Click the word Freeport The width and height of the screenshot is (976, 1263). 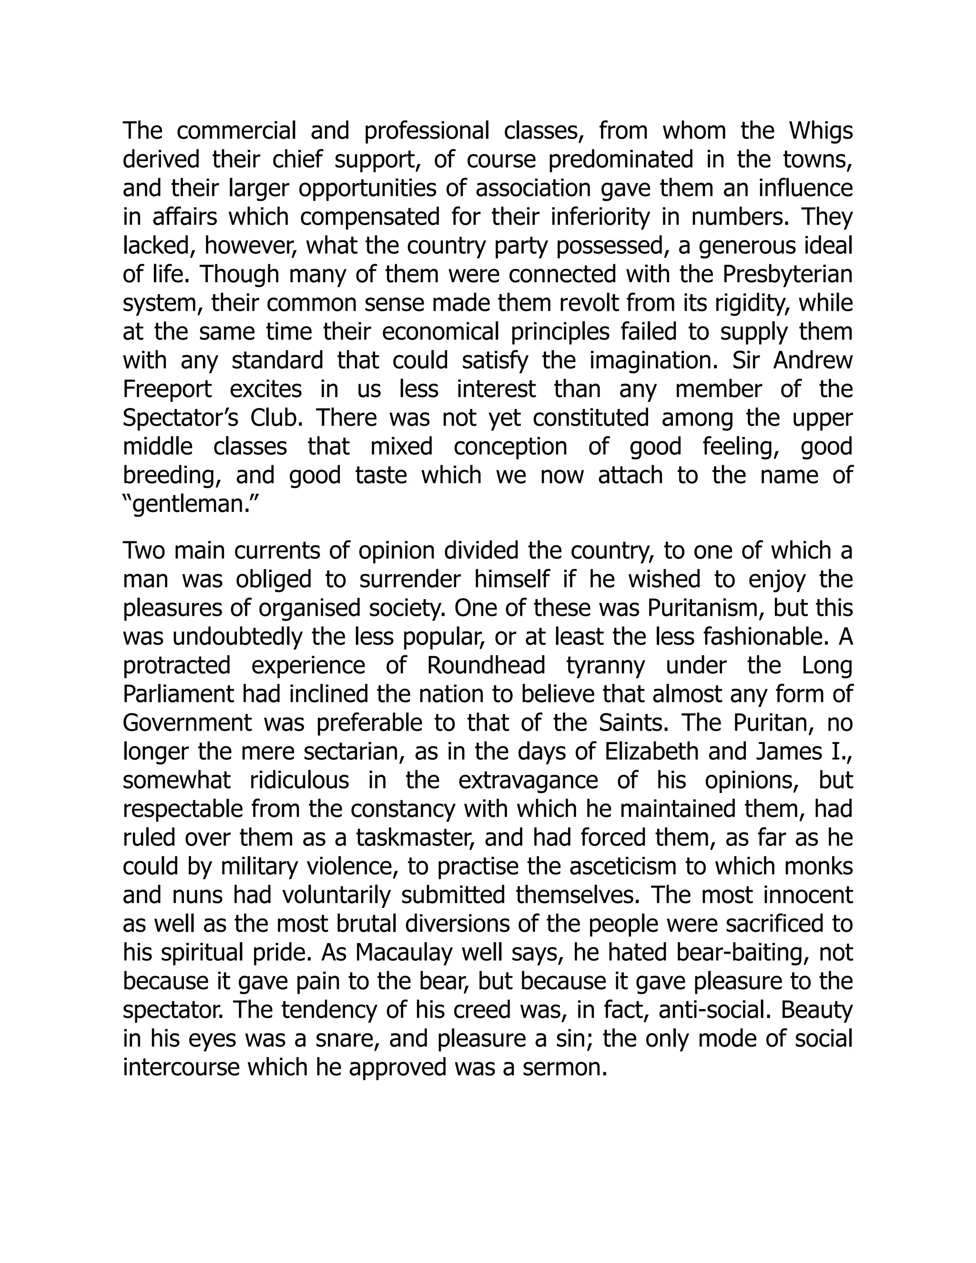pyautogui.click(x=168, y=390)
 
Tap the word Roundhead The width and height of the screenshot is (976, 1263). pyautogui.click(x=486, y=666)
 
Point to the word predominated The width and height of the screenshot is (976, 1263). pyautogui.click(x=620, y=160)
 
